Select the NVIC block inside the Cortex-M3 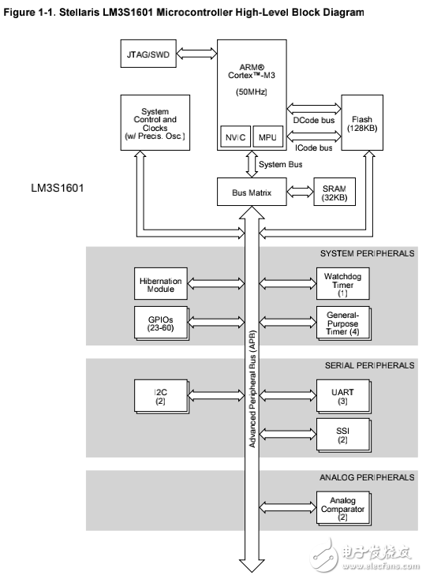235,136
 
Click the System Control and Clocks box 154,124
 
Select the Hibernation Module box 161,284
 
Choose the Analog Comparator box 342,506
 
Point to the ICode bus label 314,147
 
